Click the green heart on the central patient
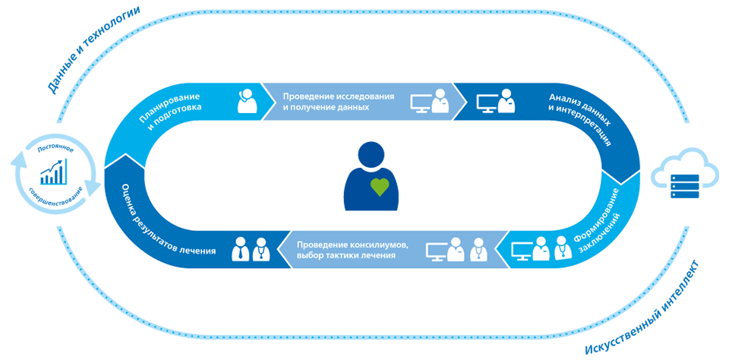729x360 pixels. pos(380,185)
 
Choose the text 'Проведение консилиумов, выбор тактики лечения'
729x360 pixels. pos(353,250)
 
